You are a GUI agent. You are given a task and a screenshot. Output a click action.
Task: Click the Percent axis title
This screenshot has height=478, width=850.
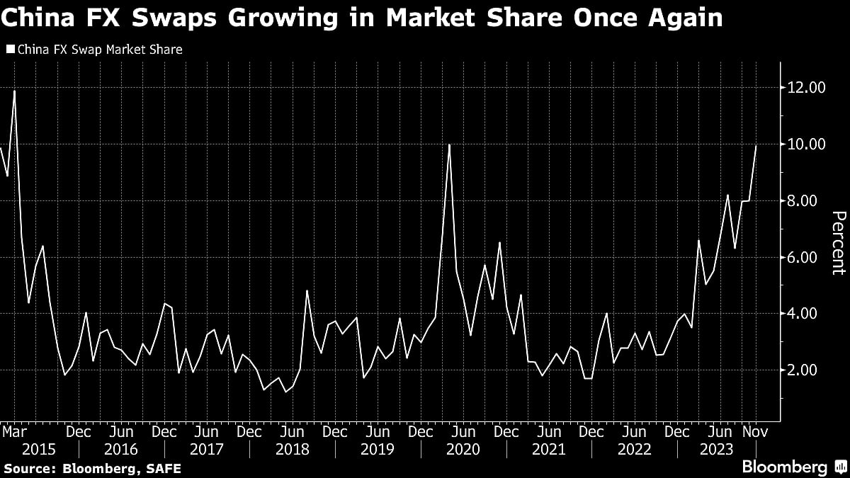point(837,243)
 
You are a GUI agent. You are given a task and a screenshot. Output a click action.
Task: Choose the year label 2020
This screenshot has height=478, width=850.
point(463,449)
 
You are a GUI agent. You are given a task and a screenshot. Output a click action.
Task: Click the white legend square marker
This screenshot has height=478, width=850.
point(9,50)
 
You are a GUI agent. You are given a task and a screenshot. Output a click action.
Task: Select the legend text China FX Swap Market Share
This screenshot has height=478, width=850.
point(99,50)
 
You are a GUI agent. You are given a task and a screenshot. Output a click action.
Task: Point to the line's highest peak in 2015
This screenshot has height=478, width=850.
point(14,91)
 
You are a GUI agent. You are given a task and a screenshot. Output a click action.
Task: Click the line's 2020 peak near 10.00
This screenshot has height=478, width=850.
point(450,144)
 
